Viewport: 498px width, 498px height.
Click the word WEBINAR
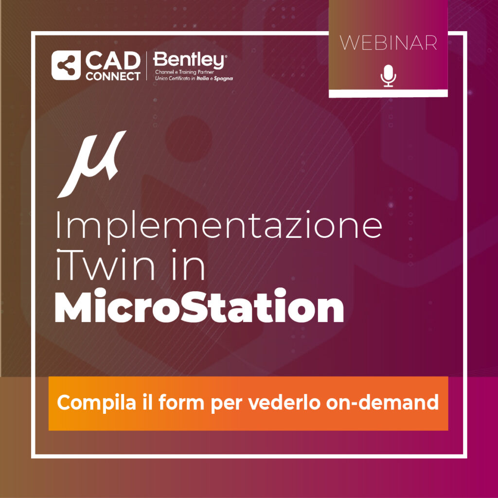coord(389,43)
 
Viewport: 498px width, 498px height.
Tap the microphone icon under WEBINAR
coord(388,76)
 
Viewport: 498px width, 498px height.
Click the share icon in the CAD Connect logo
coord(66,66)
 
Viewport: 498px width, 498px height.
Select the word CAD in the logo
coord(113,61)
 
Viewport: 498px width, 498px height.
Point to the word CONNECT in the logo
coord(113,76)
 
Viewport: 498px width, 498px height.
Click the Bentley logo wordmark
coord(190,60)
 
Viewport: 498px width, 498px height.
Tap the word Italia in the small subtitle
coord(203,78)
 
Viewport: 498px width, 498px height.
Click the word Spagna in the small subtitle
coord(223,78)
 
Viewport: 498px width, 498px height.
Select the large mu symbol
coord(92,164)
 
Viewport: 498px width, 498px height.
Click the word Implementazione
coord(219,226)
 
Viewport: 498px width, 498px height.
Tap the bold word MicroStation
coord(199,305)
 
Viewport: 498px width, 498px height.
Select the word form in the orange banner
coord(181,402)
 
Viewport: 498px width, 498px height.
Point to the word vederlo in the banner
coord(284,402)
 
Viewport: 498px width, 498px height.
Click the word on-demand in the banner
coord(382,402)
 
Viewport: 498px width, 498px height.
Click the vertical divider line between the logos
coord(146,66)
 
